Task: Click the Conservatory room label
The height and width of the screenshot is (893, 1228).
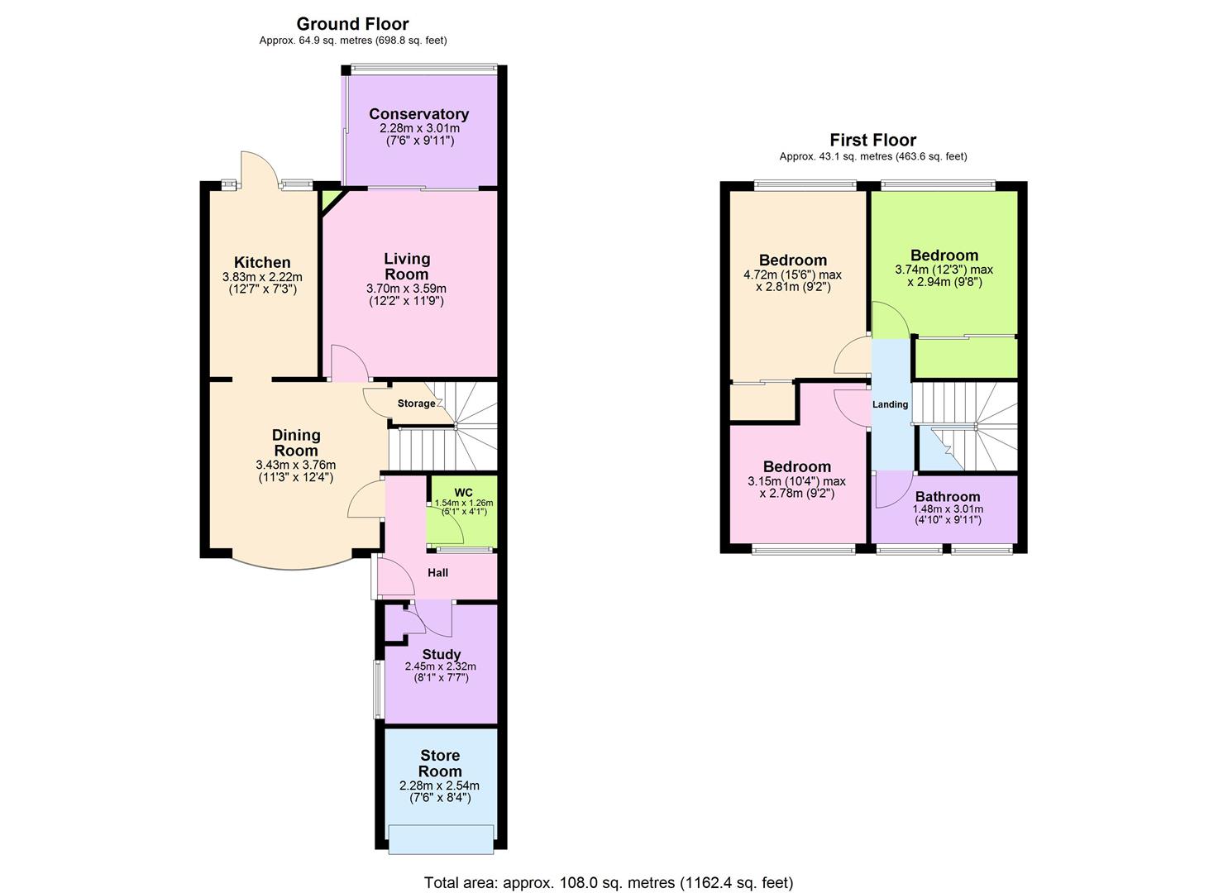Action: click(x=418, y=114)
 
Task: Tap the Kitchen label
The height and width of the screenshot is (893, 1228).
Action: click(x=262, y=263)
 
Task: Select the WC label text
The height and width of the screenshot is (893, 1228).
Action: click(x=463, y=493)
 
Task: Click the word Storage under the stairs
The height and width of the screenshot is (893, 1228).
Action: click(x=416, y=404)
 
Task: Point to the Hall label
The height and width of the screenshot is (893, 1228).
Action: click(x=437, y=572)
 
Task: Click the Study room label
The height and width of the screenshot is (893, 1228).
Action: click(x=441, y=654)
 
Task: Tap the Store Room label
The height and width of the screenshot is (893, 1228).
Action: click(x=440, y=763)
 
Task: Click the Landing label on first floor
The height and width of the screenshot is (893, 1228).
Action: click(x=890, y=404)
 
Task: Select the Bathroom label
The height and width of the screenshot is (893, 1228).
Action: click(x=947, y=497)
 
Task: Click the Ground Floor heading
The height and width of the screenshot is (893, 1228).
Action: click(x=352, y=24)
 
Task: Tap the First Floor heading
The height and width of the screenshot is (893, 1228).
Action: click(x=872, y=140)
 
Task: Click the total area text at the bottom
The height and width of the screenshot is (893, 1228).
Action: click(x=608, y=882)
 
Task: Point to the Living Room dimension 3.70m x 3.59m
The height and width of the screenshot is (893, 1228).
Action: click(x=406, y=289)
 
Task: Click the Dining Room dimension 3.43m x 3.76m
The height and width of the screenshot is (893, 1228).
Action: click(x=296, y=466)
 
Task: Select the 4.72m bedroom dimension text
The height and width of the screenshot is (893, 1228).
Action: click(x=792, y=275)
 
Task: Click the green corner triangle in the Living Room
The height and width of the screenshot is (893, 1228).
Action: click(x=331, y=199)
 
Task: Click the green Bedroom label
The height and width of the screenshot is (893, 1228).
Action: click(x=944, y=255)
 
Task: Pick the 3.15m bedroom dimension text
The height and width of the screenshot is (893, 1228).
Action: click(x=796, y=481)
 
